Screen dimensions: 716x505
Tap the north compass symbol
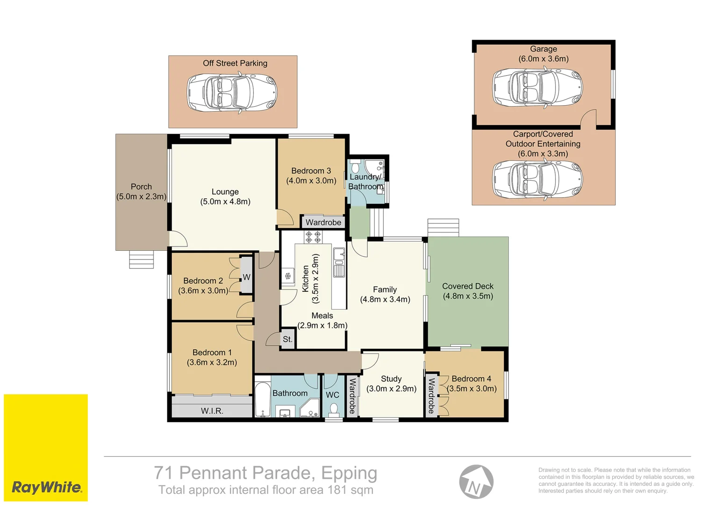(476, 482)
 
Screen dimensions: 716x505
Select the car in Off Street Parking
(232, 93)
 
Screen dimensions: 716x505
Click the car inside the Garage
(537, 87)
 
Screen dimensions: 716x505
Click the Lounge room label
(225, 196)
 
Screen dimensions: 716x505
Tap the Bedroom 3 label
(311, 176)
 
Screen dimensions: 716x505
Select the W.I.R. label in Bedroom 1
(212, 411)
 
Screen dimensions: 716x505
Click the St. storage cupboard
(287, 339)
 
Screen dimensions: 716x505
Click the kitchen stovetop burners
(313, 237)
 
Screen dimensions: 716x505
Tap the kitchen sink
(339, 262)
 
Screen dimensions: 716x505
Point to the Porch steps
(141, 260)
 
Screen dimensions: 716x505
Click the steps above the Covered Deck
(444, 228)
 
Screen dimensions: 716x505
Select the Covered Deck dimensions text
(468, 296)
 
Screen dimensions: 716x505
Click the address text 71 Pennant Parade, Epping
(265, 473)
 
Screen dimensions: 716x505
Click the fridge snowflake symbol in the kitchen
(287, 275)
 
